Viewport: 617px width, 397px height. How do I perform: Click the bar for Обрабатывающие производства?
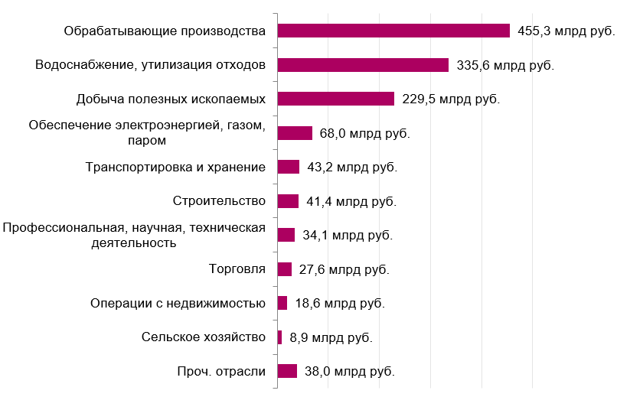point(393,31)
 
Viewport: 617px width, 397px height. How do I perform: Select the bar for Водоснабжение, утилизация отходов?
point(363,65)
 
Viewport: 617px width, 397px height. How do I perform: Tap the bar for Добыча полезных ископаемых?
point(335,99)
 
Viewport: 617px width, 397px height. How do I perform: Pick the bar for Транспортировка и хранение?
point(288,167)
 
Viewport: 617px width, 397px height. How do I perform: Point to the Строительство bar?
point(288,201)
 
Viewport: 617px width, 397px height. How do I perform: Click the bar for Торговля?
point(284,269)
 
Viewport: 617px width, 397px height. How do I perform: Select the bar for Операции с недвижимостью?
point(282,303)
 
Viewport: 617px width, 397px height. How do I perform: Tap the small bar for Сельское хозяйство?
point(279,337)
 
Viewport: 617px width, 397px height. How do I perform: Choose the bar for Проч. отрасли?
point(287,371)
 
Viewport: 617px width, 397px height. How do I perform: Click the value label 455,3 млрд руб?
point(565,31)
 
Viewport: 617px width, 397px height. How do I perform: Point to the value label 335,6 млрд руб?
point(504,66)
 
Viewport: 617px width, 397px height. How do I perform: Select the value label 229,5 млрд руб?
point(450,99)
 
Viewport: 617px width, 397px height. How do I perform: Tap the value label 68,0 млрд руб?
point(365,134)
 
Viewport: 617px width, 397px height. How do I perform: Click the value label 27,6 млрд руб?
point(344,270)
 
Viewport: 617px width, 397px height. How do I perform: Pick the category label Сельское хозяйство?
point(204,337)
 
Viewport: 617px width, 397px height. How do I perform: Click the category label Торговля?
point(237,269)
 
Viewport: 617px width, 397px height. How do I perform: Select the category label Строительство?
point(220,201)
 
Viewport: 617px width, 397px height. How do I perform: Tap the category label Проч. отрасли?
point(220,372)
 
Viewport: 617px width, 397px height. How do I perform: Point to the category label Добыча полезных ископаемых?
point(171,99)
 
